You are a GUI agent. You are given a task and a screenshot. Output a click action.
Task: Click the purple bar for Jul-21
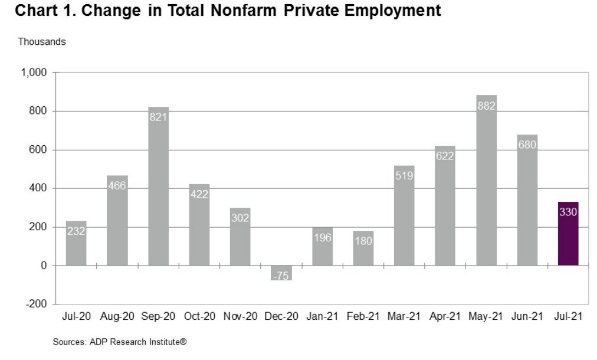click(x=568, y=234)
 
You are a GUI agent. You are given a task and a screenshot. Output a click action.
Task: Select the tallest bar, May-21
click(x=486, y=180)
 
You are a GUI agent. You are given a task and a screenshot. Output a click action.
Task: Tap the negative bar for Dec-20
click(x=281, y=273)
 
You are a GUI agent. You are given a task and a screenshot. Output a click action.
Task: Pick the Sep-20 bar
click(x=158, y=186)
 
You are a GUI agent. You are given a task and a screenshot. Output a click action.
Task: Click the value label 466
click(x=117, y=185)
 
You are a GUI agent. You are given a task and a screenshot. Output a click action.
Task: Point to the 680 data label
click(x=527, y=145)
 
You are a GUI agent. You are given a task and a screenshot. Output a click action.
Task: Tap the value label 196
click(x=323, y=238)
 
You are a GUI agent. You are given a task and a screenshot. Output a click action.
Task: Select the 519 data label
click(x=404, y=176)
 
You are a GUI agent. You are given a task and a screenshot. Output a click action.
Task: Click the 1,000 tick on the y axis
click(x=34, y=73)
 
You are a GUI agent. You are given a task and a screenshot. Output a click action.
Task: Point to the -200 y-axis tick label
click(x=36, y=304)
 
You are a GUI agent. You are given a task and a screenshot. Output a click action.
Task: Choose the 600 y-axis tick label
click(x=38, y=150)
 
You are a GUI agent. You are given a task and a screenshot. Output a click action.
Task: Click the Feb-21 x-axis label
click(x=363, y=316)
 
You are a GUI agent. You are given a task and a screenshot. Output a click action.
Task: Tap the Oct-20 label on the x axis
click(x=199, y=316)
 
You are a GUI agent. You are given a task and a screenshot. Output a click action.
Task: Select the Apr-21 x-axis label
click(x=445, y=316)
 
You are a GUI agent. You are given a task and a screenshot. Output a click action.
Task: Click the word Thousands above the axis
click(x=42, y=41)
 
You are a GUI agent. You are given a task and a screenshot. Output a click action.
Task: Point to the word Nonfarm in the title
click(x=244, y=10)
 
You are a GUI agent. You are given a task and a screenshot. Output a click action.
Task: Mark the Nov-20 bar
click(x=240, y=237)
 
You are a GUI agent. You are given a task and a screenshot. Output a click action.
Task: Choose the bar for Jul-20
click(x=76, y=243)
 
